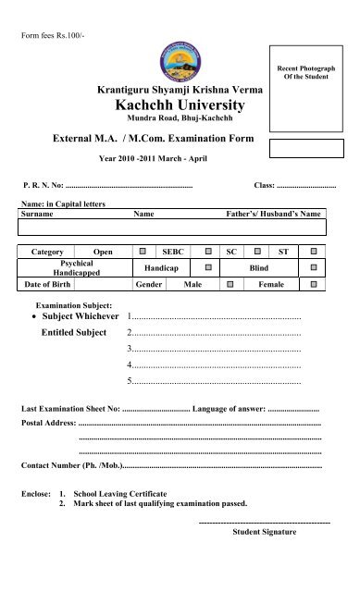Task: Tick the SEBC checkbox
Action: pyautogui.click(x=208, y=251)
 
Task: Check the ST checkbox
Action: pyautogui.click(x=314, y=251)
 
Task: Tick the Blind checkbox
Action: pyautogui.click(x=314, y=266)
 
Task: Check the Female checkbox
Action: pyautogui.click(x=314, y=283)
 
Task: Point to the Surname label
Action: pyautogui.click(x=37, y=213)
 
